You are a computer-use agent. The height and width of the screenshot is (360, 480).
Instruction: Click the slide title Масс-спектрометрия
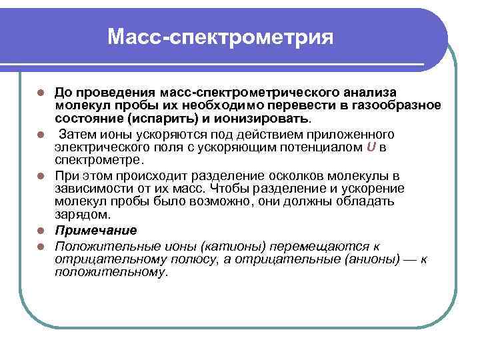pyautogui.click(x=219, y=37)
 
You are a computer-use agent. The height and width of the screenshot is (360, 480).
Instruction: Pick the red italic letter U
pyautogui.click(x=371, y=147)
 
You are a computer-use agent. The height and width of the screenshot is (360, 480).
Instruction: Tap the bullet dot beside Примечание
pyautogui.click(x=41, y=231)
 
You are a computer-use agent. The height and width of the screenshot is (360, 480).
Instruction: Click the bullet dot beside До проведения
pyautogui.click(x=41, y=92)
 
